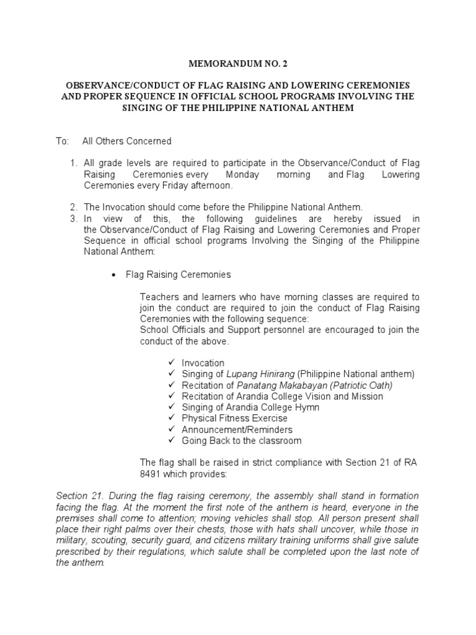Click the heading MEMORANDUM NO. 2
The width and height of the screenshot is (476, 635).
pyautogui.click(x=238, y=63)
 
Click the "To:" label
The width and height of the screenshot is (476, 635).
pyautogui.click(x=62, y=141)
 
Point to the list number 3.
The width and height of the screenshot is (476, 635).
pyautogui.click(x=73, y=219)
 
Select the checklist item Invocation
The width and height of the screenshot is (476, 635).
pyautogui.click(x=203, y=363)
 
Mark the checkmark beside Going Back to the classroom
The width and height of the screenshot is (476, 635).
pyautogui.click(x=172, y=441)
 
